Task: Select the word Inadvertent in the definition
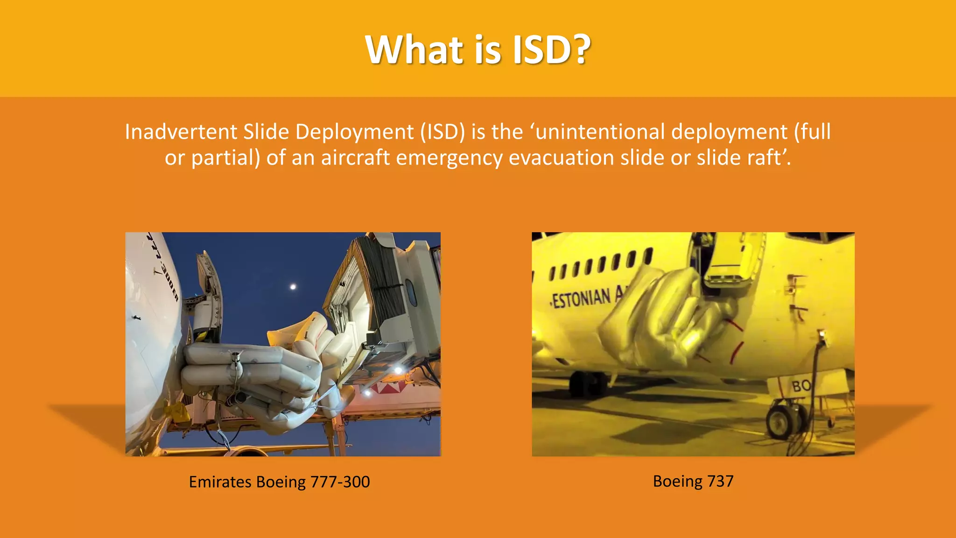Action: click(x=181, y=132)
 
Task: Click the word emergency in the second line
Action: click(x=449, y=158)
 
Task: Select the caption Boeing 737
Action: click(x=693, y=481)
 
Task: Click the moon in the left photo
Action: click(x=293, y=287)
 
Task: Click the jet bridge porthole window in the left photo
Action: click(x=411, y=292)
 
